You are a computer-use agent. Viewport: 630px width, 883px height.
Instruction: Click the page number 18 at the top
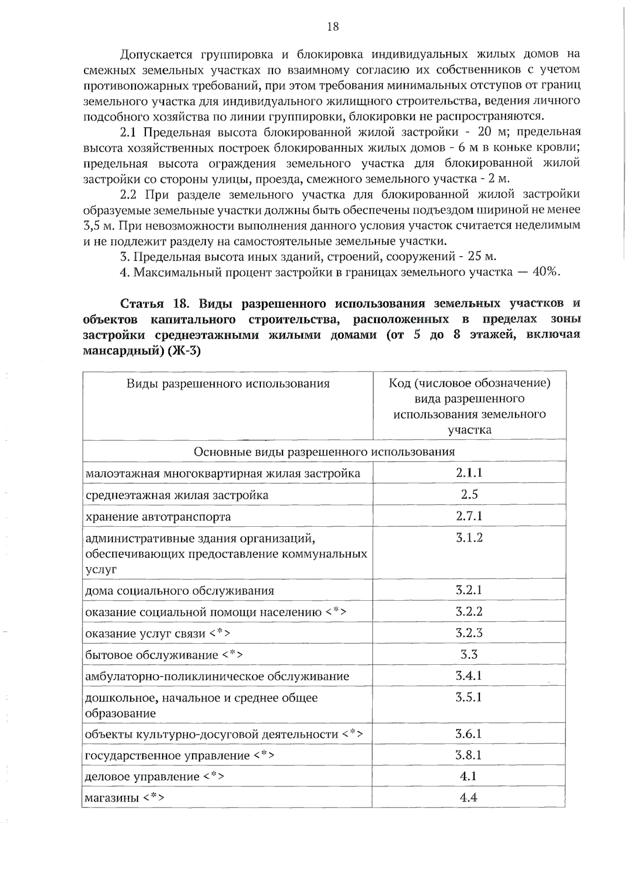pos(333,26)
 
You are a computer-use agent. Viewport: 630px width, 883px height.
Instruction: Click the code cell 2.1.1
pos(469,473)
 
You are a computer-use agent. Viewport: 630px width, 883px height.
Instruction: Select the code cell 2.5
pos(469,494)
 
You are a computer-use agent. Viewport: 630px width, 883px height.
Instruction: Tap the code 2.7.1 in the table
pos(469,516)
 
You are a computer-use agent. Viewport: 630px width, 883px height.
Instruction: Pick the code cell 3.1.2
pos(469,537)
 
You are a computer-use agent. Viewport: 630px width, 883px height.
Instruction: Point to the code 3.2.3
pos(469,633)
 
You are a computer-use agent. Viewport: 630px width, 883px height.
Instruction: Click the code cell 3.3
pos(469,654)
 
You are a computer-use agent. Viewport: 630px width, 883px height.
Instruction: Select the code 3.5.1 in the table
pos(469,697)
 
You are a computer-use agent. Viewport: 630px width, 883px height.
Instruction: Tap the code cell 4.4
pos(468,797)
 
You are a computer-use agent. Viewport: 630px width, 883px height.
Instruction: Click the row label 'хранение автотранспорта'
pos(158,517)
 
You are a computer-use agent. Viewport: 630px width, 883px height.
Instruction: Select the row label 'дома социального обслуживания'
pos(180,591)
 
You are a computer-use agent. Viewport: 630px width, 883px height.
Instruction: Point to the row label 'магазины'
pos(112,798)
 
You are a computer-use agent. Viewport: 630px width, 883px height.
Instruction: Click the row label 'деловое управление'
pos(142,776)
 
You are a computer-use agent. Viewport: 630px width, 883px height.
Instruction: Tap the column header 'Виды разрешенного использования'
pos(228,384)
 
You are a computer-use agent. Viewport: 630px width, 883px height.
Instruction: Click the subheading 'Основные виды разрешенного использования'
pos(324,452)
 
